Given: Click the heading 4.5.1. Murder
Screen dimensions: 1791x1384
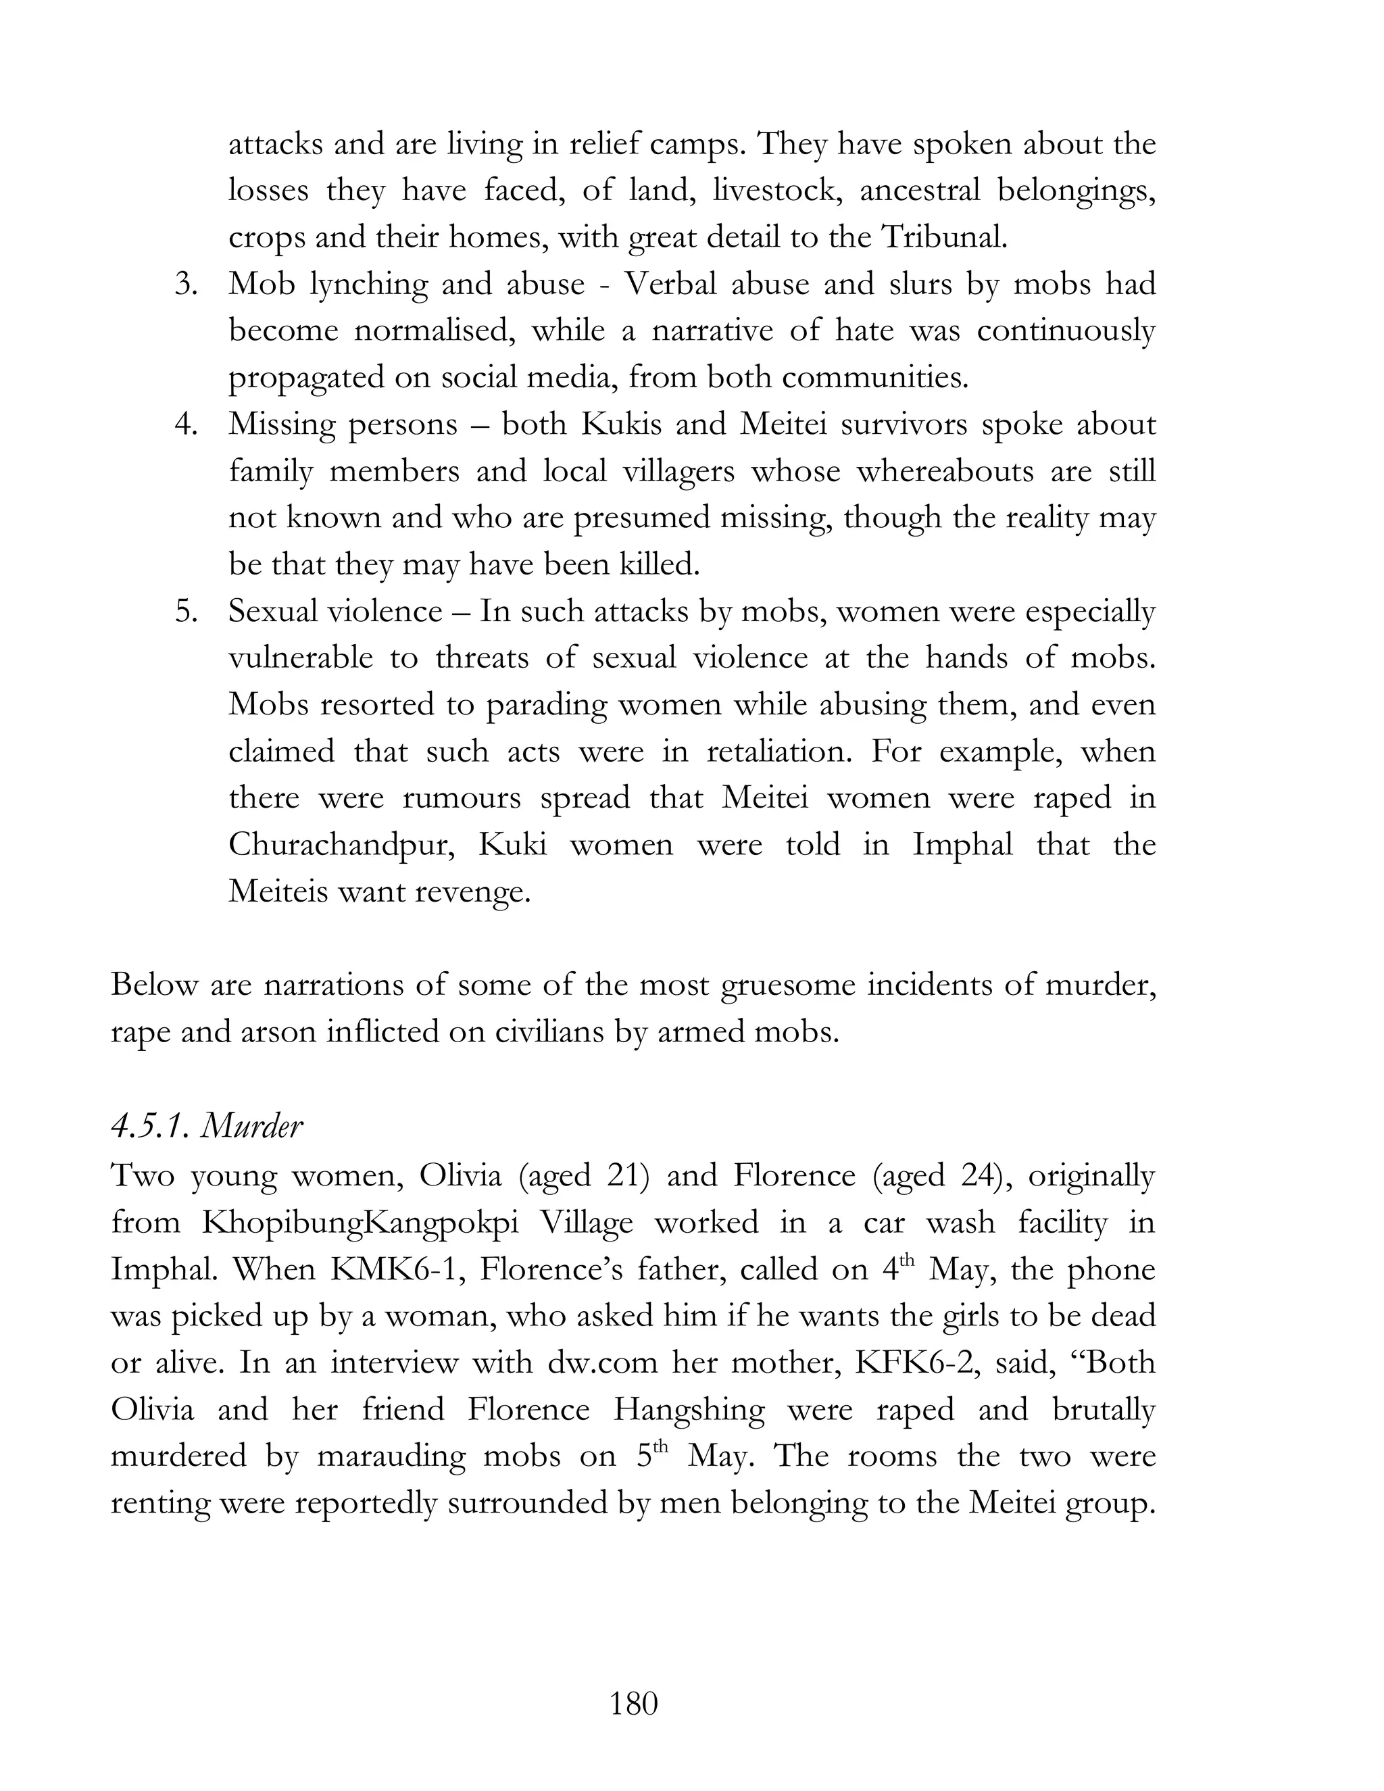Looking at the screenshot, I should [x=207, y=1127].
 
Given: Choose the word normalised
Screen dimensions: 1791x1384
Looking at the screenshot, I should [x=434, y=331].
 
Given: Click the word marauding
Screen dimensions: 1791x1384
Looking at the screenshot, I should [x=391, y=1456].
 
